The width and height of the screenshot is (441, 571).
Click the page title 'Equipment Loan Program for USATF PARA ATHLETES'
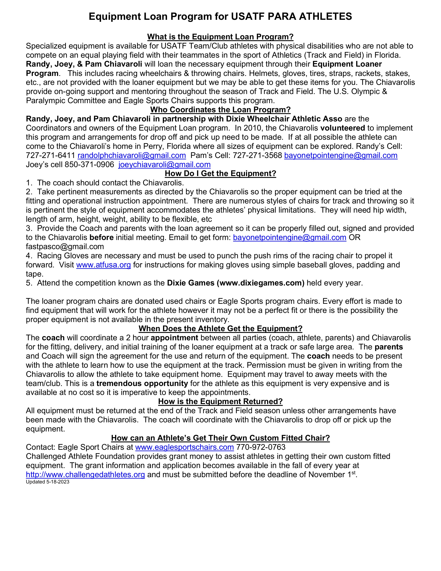coord(220,17)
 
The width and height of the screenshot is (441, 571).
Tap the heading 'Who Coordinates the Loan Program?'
coord(220,110)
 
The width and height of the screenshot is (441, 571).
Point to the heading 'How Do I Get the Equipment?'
coord(220,173)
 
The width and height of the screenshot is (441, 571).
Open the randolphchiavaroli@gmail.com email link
coord(132,155)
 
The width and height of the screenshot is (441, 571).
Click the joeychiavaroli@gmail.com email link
coord(164,164)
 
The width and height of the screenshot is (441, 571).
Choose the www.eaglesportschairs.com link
coord(184,447)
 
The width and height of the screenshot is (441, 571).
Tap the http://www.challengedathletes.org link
coord(85,474)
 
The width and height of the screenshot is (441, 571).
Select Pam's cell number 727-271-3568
coord(257,155)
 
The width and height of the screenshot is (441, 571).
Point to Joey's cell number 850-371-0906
coord(89,164)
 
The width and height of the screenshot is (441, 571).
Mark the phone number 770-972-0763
coord(261,447)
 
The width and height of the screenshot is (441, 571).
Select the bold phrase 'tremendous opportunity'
coord(142,383)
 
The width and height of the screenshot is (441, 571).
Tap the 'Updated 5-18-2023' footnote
coord(48,482)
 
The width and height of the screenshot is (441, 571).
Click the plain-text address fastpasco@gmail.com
coord(65,246)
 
